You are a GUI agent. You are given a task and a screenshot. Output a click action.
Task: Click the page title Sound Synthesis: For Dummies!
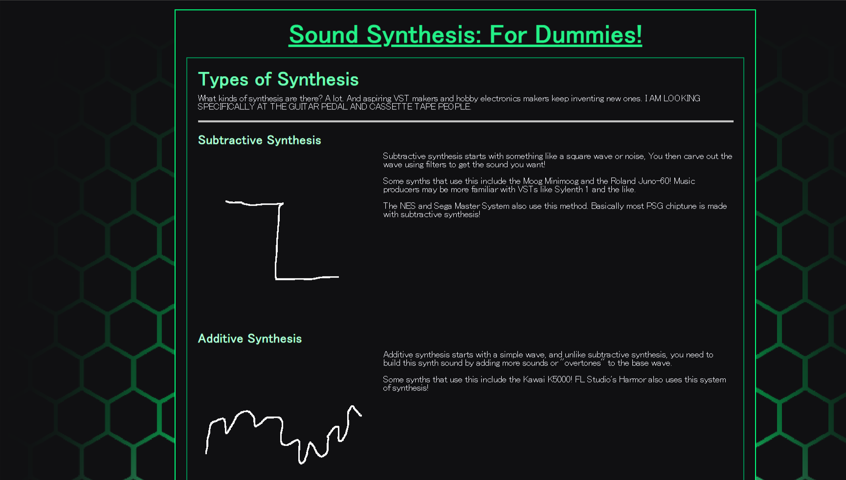pyautogui.click(x=465, y=35)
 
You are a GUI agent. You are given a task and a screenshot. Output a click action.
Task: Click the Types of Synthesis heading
pyautogui.click(x=278, y=80)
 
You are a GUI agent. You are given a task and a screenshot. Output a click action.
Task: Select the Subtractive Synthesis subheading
pyautogui.click(x=260, y=140)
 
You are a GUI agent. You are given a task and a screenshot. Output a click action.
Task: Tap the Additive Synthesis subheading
pyautogui.click(x=250, y=339)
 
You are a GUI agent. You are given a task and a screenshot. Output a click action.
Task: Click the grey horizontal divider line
pyautogui.click(x=466, y=121)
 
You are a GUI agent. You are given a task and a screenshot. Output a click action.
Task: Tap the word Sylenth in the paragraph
pyautogui.click(x=569, y=190)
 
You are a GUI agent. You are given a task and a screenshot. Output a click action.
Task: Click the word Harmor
pyautogui.click(x=632, y=380)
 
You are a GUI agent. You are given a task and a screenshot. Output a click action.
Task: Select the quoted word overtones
pyautogui.click(x=582, y=363)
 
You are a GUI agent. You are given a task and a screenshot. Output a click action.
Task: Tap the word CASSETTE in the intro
pyautogui.click(x=391, y=107)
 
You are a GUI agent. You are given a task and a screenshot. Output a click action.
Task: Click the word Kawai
pyautogui.click(x=534, y=380)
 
